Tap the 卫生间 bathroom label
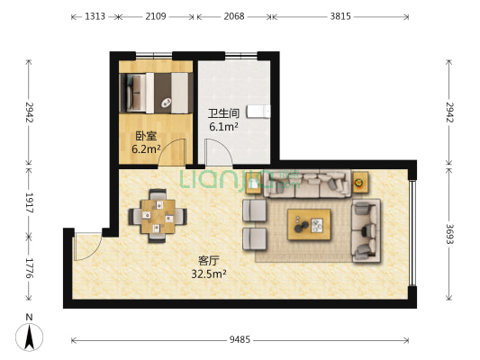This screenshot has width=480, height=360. click(223, 113)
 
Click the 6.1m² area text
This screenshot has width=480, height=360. click(223, 127)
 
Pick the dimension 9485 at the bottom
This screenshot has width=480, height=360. click(240, 339)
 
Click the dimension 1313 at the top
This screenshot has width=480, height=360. click(95, 16)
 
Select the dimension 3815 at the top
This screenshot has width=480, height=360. click(340, 16)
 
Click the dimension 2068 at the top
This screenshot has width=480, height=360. click(234, 16)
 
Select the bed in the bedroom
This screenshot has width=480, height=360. click(155, 91)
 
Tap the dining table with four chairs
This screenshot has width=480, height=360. click(158, 214)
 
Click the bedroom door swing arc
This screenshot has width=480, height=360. click(172, 153)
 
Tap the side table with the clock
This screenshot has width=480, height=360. click(360, 182)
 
